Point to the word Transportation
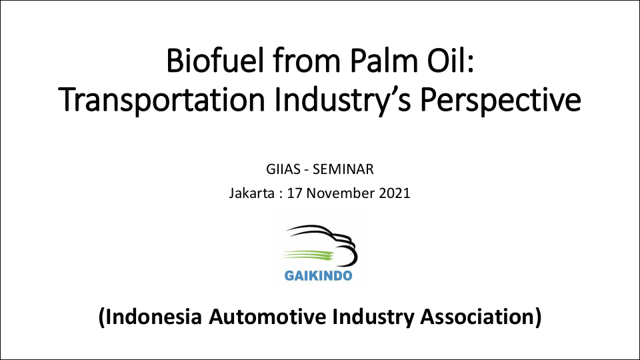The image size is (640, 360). pos(161,100)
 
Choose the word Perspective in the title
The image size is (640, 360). pos(501,100)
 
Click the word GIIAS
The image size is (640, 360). pos(283,169)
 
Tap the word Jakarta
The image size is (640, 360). pos(251,193)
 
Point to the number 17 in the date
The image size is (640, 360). pos(294,193)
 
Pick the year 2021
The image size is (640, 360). pos(394,193)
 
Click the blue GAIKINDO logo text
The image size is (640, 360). pos(318,276)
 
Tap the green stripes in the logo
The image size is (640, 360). pos(307,255)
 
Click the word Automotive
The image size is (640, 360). pos(268,317)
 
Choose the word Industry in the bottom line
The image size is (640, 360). pos(373,317)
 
